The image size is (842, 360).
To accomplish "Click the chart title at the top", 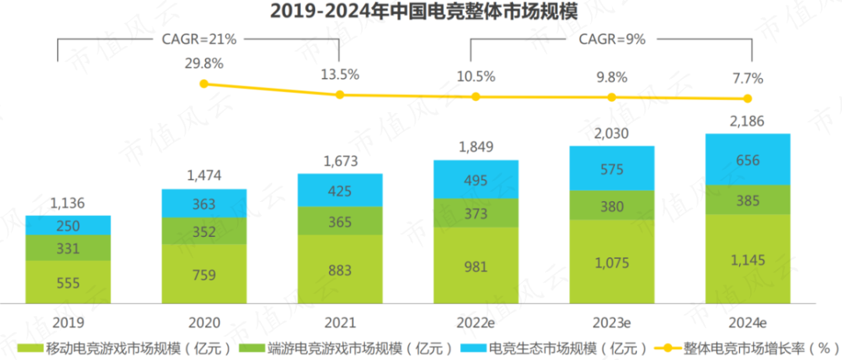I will [x=420, y=12].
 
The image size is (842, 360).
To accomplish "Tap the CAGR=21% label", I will [x=198, y=37].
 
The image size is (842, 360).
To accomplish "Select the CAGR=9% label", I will [x=610, y=37].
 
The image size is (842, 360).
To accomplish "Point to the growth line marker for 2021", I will [x=340, y=95].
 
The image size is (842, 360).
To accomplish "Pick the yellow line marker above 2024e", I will [x=748, y=98].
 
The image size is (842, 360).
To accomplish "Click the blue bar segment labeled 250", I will [x=68, y=225].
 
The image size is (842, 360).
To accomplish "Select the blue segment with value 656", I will [x=748, y=159].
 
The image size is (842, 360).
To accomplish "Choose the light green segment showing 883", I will [x=340, y=270].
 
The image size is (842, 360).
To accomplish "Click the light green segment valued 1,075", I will [x=612, y=263].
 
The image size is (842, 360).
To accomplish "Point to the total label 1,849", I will [x=476, y=146].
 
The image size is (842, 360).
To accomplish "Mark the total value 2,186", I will [x=748, y=121].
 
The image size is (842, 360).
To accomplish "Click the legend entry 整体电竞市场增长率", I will [x=748, y=347].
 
